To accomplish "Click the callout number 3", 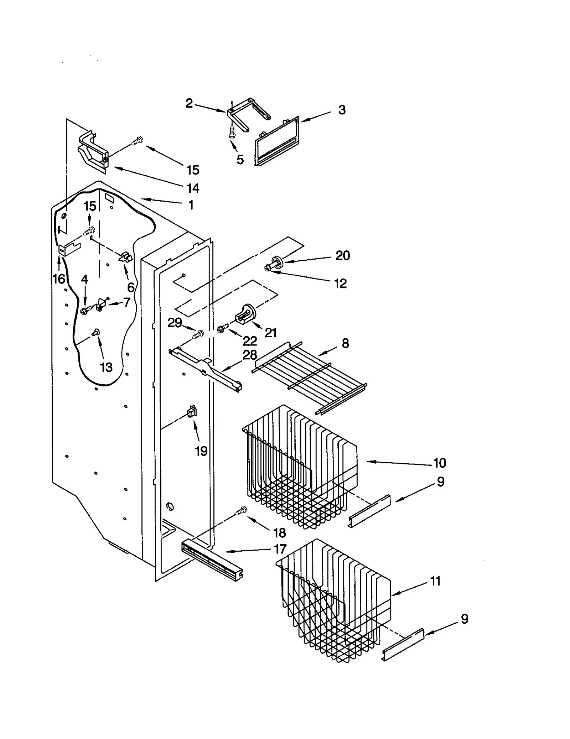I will (x=341, y=110).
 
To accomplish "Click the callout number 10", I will (x=440, y=463).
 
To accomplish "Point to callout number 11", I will (x=435, y=581).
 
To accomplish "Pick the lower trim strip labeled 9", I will (x=403, y=645).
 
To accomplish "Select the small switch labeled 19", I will (x=192, y=412).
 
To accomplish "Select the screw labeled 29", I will (x=198, y=334).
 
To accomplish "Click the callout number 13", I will (x=106, y=367).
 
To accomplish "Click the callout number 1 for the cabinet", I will (x=191, y=205).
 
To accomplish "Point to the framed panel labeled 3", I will (x=276, y=142).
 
